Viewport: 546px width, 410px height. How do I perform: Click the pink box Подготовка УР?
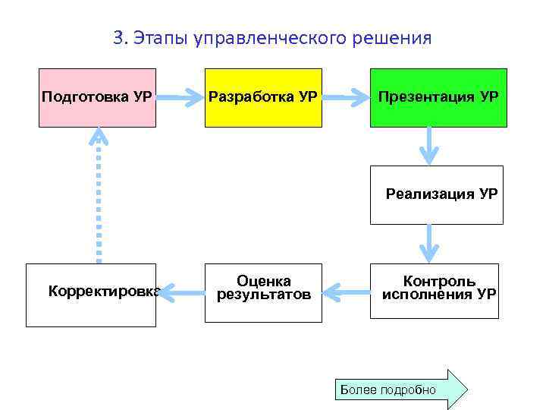(x=98, y=98)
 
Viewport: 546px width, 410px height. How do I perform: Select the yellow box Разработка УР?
(x=263, y=98)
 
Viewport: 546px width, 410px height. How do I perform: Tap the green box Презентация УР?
(x=438, y=98)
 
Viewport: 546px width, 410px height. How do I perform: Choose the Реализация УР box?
(x=436, y=194)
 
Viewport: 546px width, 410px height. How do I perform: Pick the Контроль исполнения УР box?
(x=435, y=291)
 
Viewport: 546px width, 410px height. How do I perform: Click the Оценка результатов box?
(x=263, y=291)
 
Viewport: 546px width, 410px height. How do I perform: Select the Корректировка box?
(x=91, y=295)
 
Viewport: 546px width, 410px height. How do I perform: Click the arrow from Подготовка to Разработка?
(x=180, y=98)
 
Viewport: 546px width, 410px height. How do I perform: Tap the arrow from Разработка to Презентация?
(x=346, y=98)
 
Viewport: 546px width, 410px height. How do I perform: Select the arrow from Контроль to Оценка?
(x=346, y=291)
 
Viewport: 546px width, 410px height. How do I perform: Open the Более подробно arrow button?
(x=402, y=389)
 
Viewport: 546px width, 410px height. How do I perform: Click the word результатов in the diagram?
(x=263, y=295)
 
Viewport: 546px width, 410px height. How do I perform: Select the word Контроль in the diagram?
(x=439, y=282)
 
